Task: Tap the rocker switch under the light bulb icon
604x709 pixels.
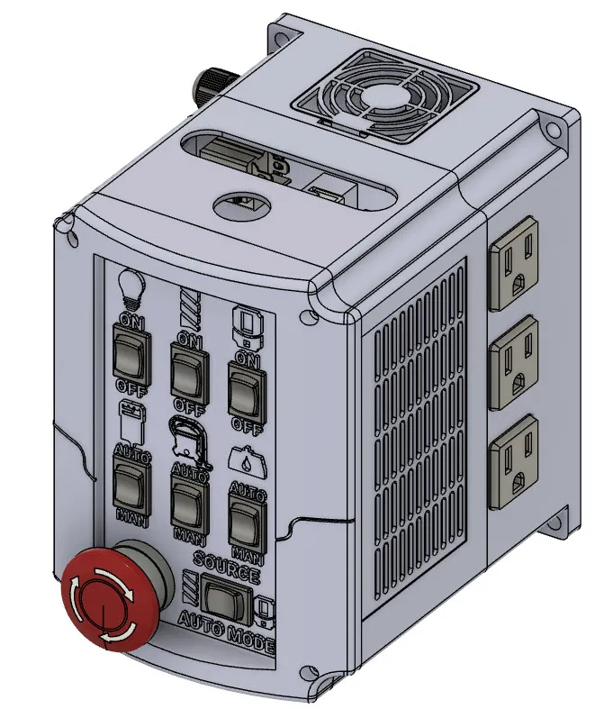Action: pyautogui.click(x=128, y=350)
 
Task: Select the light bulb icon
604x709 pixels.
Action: pyautogui.click(x=131, y=287)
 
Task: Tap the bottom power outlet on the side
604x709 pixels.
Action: pyautogui.click(x=514, y=459)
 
